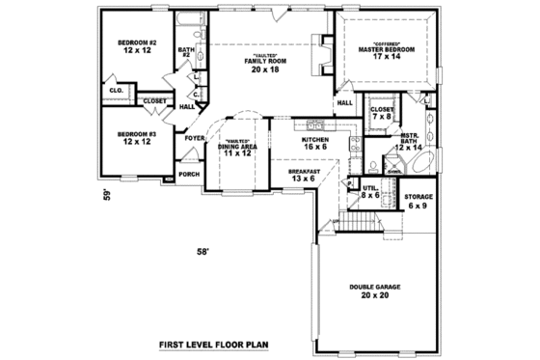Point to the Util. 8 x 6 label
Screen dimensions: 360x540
(x=370, y=191)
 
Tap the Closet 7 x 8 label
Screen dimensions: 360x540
(x=382, y=114)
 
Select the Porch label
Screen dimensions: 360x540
(x=190, y=174)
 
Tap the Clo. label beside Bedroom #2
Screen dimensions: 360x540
(x=116, y=90)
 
